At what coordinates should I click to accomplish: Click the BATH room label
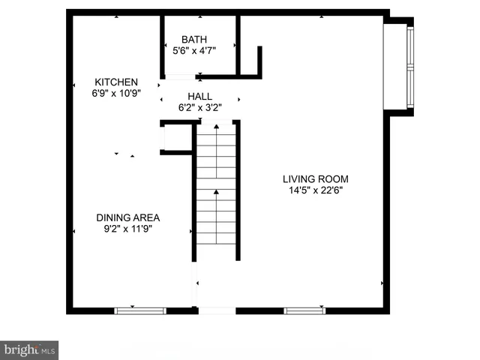pos(194,40)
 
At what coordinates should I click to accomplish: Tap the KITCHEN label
pos(115,82)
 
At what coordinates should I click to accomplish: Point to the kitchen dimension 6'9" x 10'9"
pos(115,93)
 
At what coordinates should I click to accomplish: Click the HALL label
pos(199,96)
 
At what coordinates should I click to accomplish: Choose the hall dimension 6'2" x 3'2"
pos(199,107)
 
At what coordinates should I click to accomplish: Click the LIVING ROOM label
pos(315,179)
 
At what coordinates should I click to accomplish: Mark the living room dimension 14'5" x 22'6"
pos(315,190)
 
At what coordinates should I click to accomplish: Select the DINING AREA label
pos(127,217)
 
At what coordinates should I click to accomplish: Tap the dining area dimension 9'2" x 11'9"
pos(127,229)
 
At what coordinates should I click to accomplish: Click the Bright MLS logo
pos(29,349)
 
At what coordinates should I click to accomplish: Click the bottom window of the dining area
pos(140,309)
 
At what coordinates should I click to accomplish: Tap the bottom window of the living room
pos(304,309)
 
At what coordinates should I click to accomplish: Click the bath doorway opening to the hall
pos(180,76)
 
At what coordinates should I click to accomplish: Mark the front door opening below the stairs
pos(217,310)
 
